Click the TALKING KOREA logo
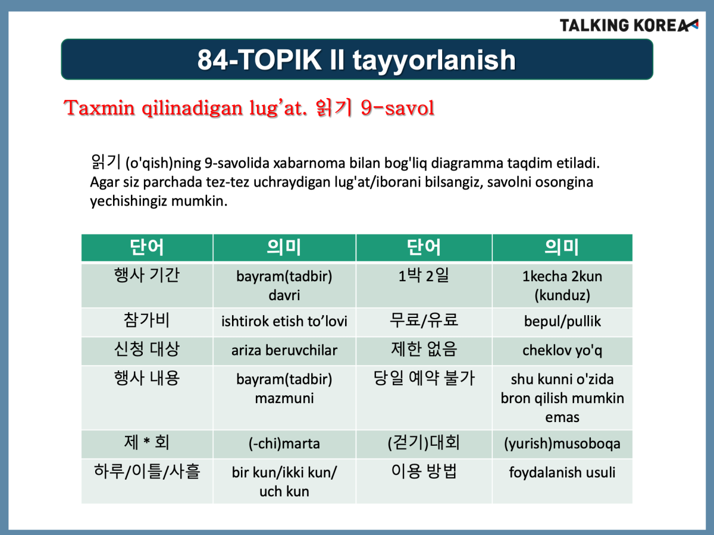(628, 26)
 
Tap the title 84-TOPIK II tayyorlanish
(356, 59)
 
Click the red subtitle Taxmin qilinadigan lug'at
(186, 108)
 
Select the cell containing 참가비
(147, 322)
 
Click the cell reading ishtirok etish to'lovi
(284, 322)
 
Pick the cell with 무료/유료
(424, 322)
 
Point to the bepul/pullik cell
(562, 322)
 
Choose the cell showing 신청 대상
(147, 351)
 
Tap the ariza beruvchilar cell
(284, 351)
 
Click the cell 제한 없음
(424, 351)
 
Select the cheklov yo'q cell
(562, 351)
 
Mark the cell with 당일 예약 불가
(424, 398)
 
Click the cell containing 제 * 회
(147, 444)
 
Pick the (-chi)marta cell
(284, 444)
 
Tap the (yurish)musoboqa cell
(562, 444)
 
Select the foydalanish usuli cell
(562, 481)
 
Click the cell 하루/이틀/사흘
(147, 481)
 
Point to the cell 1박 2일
(424, 285)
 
